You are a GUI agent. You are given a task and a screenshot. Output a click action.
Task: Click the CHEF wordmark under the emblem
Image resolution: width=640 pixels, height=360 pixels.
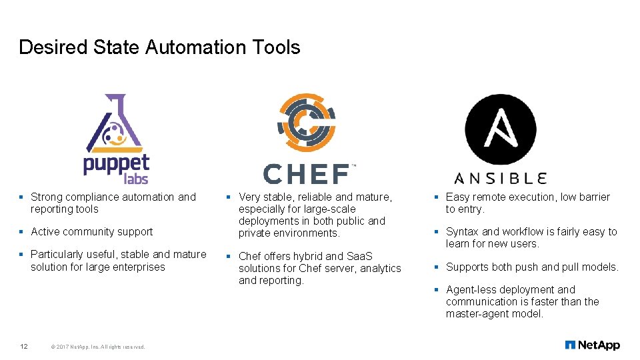(307, 174)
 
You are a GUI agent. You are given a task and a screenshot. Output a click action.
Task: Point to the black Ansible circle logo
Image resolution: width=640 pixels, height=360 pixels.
(500, 129)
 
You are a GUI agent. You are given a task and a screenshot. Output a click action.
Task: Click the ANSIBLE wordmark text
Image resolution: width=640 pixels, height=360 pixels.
(501, 177)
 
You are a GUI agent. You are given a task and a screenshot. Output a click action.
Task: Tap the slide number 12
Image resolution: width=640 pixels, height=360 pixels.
(23, 346)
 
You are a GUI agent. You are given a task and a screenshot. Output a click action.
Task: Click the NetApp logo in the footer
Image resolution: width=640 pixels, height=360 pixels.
(592, 345)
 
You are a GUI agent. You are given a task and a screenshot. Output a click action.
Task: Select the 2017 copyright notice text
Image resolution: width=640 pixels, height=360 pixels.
(97, 347)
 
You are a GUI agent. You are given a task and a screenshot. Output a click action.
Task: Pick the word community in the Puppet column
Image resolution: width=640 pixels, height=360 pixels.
(91, 232)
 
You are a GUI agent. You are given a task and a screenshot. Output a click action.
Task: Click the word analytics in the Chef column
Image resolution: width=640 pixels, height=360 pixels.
(380, 268)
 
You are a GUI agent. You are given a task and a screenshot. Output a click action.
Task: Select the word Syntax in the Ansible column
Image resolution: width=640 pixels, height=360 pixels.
(462, 232)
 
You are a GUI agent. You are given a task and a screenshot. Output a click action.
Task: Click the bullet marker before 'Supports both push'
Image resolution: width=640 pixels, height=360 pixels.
(435, 267)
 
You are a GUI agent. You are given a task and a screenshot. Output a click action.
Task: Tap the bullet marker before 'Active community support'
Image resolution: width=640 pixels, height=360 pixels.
(21, 232)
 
